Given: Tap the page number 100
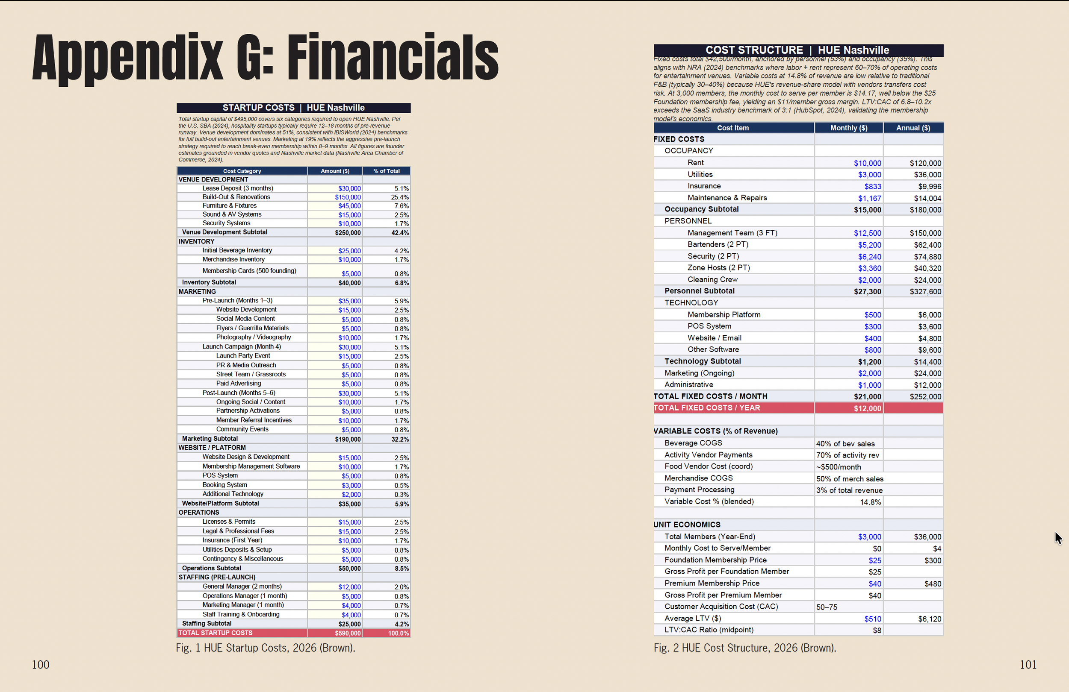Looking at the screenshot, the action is coord(41,665).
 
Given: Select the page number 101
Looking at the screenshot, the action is coord(1028,665).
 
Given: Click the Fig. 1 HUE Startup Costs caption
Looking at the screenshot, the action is coord(266,648).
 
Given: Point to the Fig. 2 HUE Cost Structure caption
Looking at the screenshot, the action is coord(745,648).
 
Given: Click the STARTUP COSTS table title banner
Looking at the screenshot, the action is coord(294,108).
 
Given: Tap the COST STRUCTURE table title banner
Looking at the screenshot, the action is coord(798,50).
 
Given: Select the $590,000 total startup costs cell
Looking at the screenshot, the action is coord(348,633).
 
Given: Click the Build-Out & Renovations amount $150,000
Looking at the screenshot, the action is coord(348,197).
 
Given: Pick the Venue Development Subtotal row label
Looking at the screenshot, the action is coord(224,232).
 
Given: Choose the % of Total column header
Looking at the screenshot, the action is coord(386,171).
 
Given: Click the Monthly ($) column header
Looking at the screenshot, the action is coord(849,128).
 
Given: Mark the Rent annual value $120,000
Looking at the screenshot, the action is coord(925,163).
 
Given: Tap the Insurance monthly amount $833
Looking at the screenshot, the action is coord(873,186).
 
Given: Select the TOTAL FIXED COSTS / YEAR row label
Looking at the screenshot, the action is coord(706,408).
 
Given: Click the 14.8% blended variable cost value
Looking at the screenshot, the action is coord(871,502).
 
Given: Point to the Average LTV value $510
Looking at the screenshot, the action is coord(873,619).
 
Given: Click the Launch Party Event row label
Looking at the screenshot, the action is coord(243,356).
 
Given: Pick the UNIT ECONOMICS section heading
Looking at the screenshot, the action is coord(687,525).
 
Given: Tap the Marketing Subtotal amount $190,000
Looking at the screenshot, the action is coord(348,439).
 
